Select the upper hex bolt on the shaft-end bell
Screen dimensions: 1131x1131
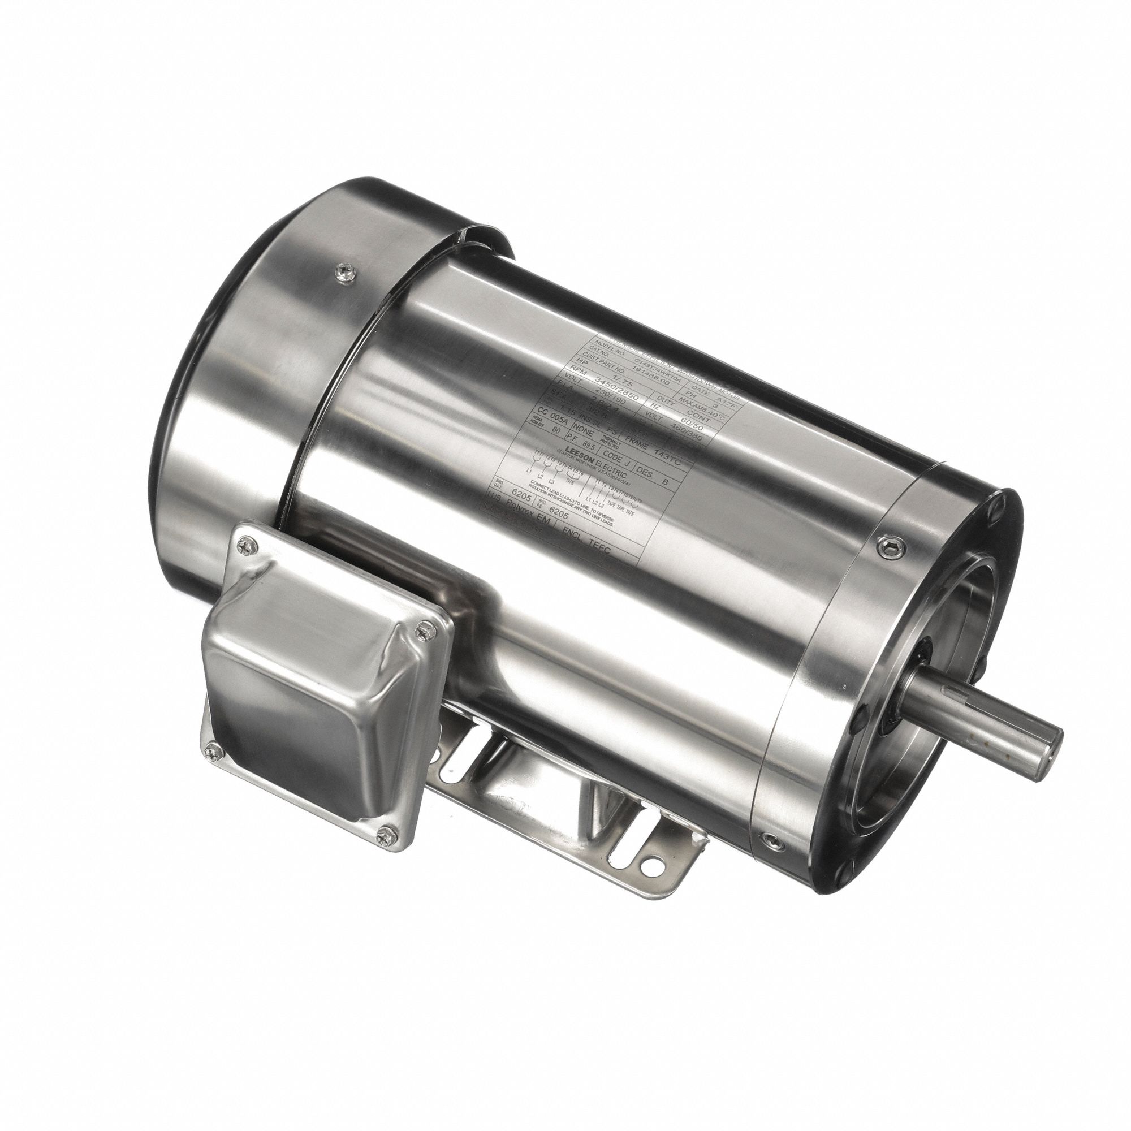click(x=885, y=549)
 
